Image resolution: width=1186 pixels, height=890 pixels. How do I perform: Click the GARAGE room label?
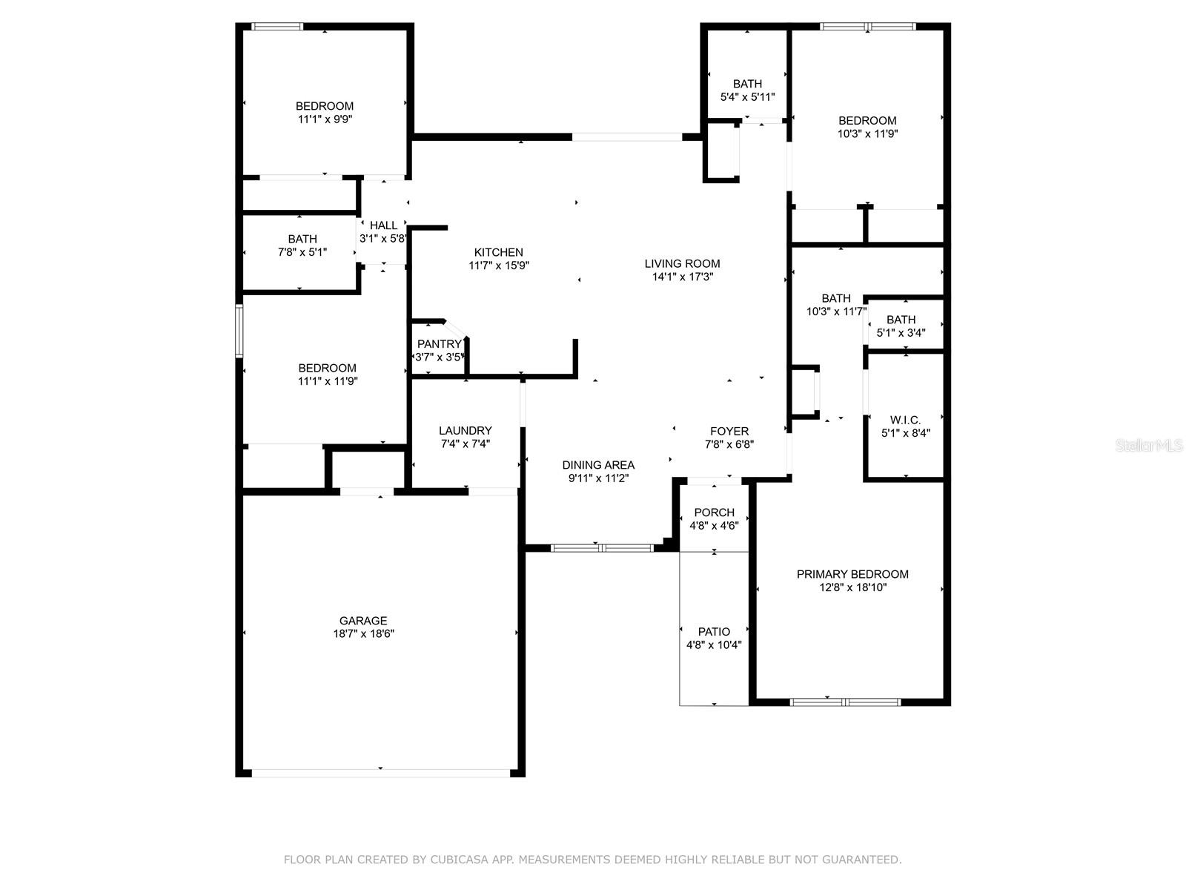coord(363,621)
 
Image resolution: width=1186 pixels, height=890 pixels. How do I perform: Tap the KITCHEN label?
coord(498,252)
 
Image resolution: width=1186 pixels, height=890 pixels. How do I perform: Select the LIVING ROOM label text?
coord(682,264)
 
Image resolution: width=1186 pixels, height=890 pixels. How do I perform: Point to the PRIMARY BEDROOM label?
coord(852,574)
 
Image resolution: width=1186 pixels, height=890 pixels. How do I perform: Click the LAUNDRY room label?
coord(466,431)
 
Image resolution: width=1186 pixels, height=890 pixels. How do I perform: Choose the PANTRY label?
coord(440,344)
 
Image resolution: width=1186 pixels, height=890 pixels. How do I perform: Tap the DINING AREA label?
coord(598,465)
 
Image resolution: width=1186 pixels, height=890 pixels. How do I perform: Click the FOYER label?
coord(729,431)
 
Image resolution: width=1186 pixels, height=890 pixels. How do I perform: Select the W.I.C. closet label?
coord(905,420)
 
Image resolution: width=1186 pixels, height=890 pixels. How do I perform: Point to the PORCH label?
coord(715,512)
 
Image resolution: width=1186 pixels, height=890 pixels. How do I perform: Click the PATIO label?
coord(714,632)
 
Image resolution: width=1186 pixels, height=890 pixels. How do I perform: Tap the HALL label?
coord(383,225)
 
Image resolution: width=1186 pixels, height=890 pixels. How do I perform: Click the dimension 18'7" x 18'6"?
coord(364,634)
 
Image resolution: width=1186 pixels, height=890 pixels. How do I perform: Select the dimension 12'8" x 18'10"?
coord(852,587)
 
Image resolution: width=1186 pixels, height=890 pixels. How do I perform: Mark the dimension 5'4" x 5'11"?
coord(747,97)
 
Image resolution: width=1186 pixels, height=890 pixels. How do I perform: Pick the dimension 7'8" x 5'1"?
coord(302,252)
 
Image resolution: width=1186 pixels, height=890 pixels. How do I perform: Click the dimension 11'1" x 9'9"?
coord(325,119)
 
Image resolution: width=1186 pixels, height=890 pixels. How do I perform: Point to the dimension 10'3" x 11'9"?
coord(867,133)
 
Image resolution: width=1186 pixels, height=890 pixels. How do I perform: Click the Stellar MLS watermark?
coord(1149,445)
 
